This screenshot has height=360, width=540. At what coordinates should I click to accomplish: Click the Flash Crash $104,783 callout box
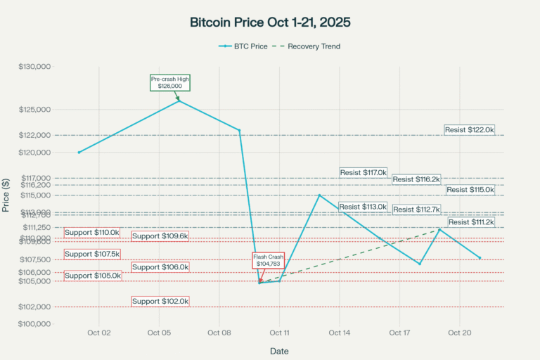pyautogui.click(x=268, y=261)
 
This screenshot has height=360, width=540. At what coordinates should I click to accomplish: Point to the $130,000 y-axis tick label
pyautogui.click(x=35, y=67)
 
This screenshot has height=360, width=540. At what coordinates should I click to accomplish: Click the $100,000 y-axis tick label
pyautogui.click(x=35, y=324)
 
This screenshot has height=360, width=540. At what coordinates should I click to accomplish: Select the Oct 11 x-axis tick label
pyautogui.click(x=279, y=333)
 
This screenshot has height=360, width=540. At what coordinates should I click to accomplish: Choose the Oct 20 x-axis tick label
pyautogui.click(x=459, y=333)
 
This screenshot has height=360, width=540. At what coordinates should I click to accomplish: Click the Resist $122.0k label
pyautogui.click(x=470, y=129)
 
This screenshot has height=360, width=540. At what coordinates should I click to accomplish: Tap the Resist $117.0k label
pyautogui.click(x=364, y=172)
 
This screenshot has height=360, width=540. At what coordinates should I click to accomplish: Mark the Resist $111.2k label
pyautogui.click(x=471, y=222)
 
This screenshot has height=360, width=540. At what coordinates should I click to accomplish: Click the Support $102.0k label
pyautogui.click(x=160, y=301)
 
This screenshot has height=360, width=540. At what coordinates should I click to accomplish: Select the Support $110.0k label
pyautogui.click(x=92, y=232)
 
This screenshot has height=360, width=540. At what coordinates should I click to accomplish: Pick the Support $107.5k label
pyautogui.click(x=92, y=254)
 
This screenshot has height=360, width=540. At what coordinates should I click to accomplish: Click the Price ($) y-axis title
pyautogui.click(x=6, y=195)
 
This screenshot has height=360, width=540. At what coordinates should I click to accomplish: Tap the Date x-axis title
pyautogui.click(x=279, y=350)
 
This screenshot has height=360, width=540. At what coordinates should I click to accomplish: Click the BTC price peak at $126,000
pyautogui.click(x=179, y=101)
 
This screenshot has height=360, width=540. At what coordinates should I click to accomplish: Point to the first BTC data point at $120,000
pyautogui.click(x=79, y=152)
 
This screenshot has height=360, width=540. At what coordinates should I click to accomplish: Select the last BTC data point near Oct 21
pyautogui.click(x=480, y=258)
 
